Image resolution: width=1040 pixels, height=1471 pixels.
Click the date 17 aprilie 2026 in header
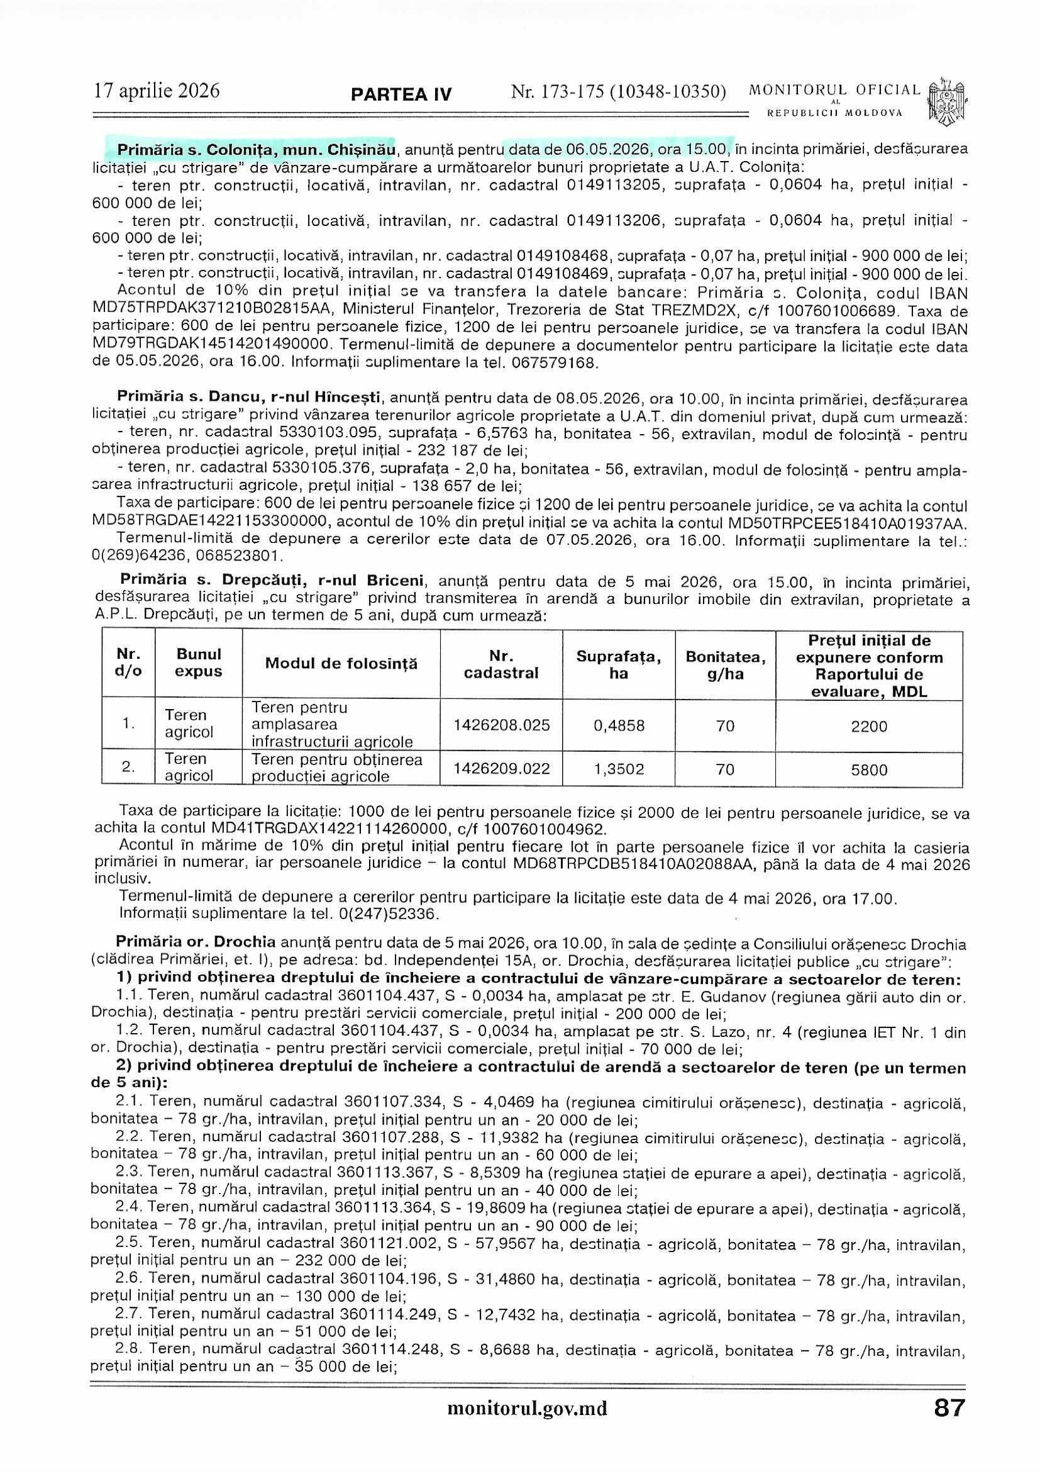pyautogui.click(x=157, y=91)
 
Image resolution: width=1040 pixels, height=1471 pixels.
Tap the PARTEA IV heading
pyautogui.click(x=401, y=95)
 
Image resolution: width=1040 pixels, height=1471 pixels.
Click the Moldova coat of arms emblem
pyautogui.click(x=946, y=102)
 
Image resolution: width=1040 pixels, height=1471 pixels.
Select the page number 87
pyautogui.click(x=949, y=1407)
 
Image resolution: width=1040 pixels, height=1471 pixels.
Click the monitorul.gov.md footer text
pyautogui.click(x=527, y=1408)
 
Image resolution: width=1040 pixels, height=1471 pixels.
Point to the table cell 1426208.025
pyautogui.click(x=501, y=725)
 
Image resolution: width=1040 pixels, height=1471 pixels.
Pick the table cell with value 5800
pyautogui.click(x=868, y=769)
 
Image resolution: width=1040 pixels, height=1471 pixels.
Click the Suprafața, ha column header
pyautogui.click(x=619, y=664)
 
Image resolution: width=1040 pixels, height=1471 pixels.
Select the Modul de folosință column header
pyautogui.click(x=341, y=664)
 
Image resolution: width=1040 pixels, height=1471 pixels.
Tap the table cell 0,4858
pyautogui.click(x=619, y=726)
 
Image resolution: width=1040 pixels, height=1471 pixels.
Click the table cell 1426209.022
pyautogui.click(x=501, y=769)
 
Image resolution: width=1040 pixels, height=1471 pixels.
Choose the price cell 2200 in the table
pyautogui.click(x=868, y=727)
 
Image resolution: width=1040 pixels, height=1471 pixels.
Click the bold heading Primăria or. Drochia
pyautogui.click(x=196, y=942)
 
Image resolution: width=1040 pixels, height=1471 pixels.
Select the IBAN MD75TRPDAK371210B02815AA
pyautogui.click(x=212, y=310)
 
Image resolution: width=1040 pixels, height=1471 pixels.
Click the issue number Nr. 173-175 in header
pyautogui.click(x=618, y=92)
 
